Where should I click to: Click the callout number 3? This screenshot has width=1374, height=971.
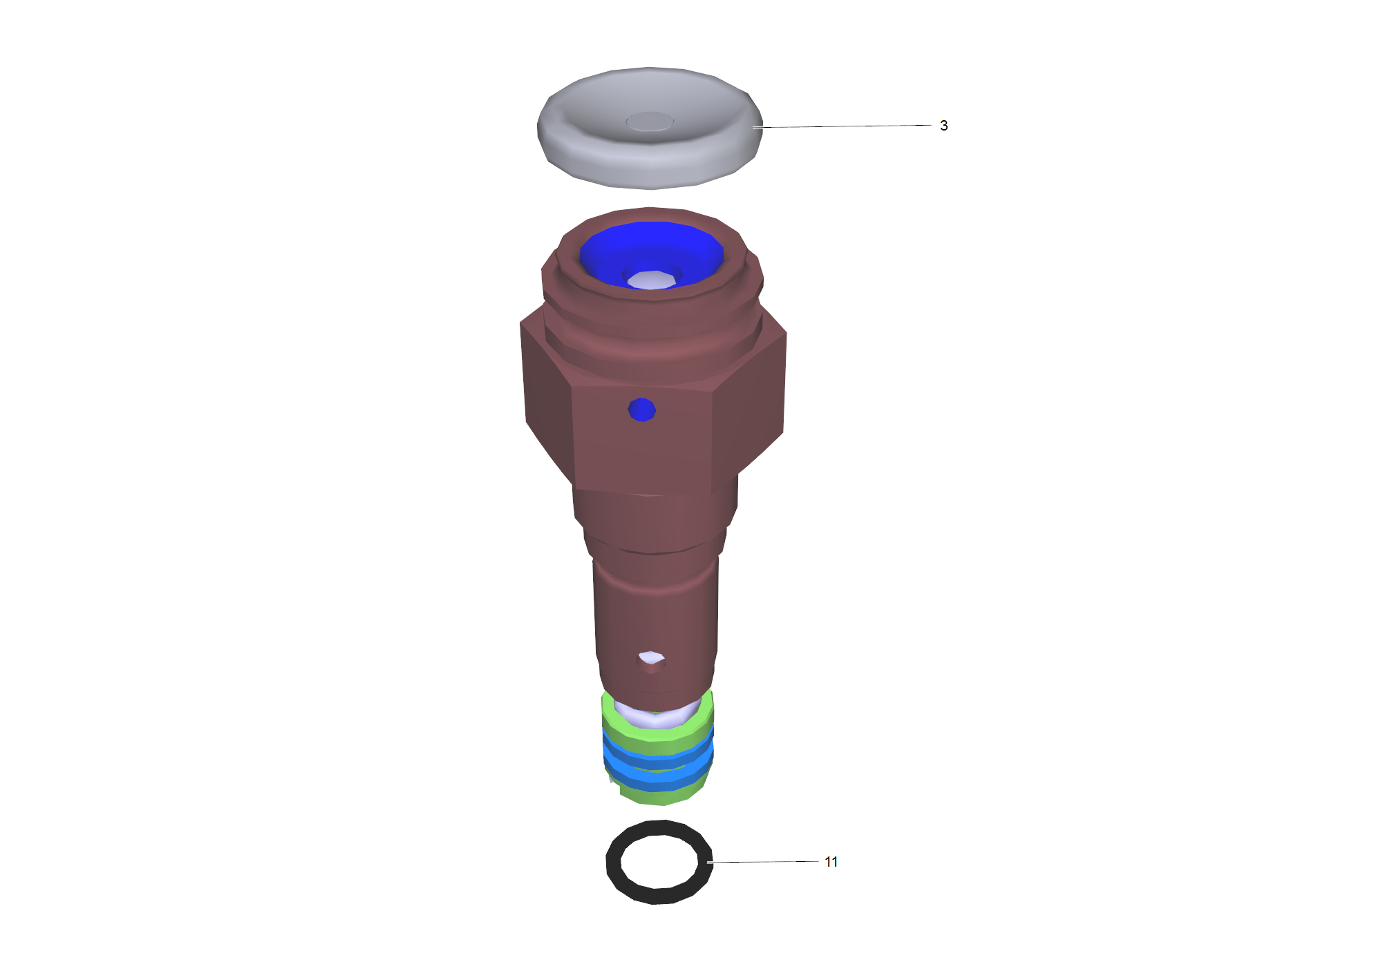pyautogui.click(x=943, y=126)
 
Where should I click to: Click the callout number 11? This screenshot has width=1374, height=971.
pyautogui.click(x=831, y=862)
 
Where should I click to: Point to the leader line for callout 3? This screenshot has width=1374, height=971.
pyautogui.click(x=842, y=126)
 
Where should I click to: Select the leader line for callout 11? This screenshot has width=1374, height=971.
pyautogui.click(x=763, y=862)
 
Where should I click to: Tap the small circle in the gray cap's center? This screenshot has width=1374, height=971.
pyautogui.click(x=650, y=122)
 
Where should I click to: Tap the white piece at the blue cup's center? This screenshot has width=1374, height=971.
pyautogui.click(x=651, y=280)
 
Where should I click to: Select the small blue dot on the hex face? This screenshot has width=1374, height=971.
pyautogui.click(x=642, y=410)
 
